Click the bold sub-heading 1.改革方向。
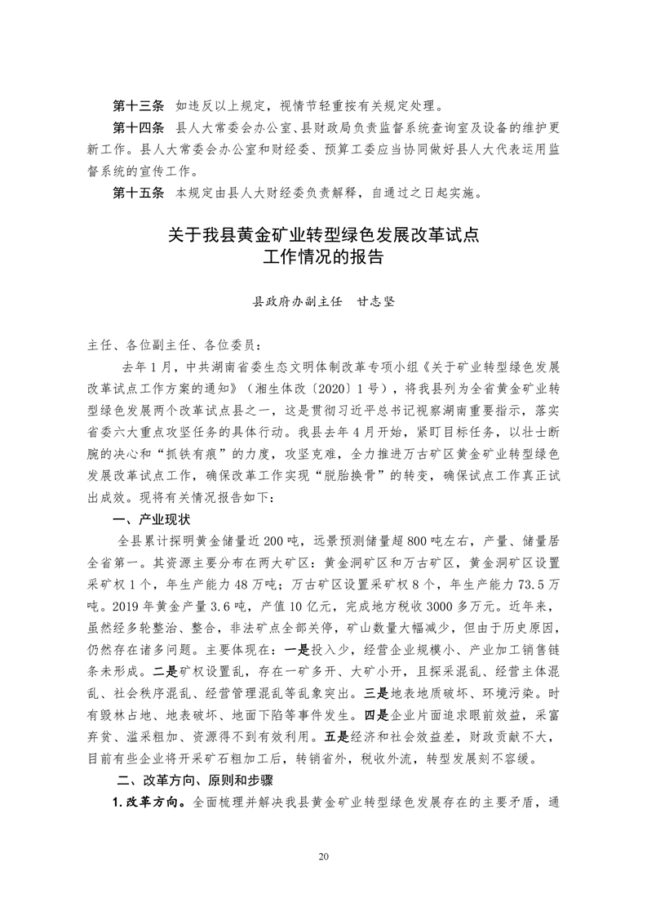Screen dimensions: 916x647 [152, 802]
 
